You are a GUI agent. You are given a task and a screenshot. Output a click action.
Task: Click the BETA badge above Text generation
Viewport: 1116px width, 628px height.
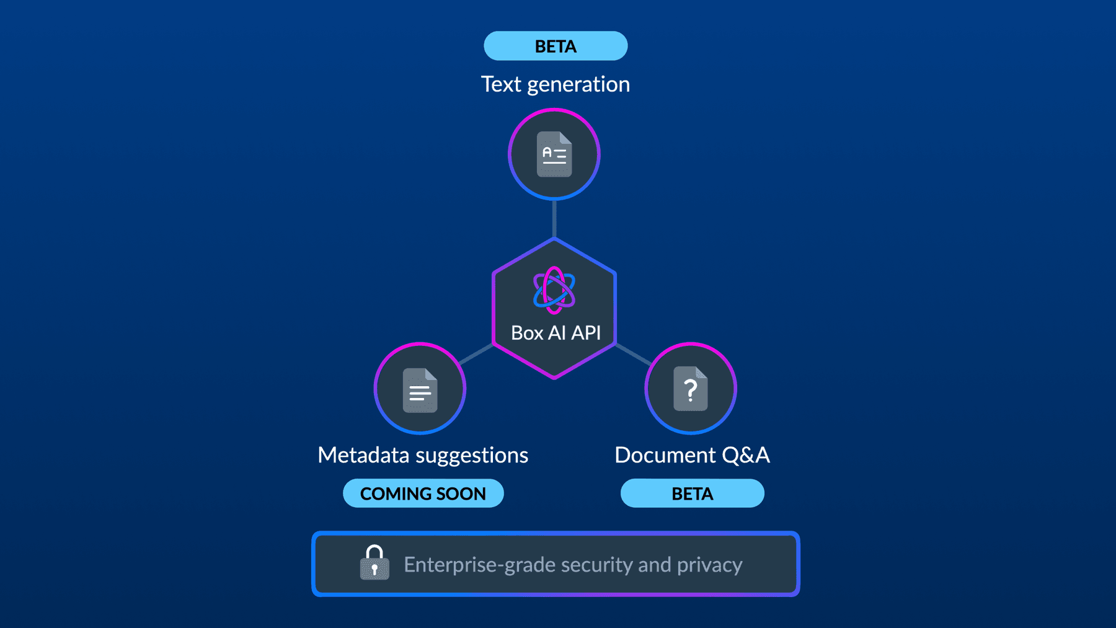pos(556,46)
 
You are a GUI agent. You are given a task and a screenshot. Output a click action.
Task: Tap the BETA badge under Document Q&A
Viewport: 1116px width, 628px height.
pos(692,493)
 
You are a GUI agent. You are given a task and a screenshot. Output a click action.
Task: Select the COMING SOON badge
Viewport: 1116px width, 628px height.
pos(423,493)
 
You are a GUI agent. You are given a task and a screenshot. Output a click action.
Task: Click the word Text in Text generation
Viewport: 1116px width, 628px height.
pos(501,84)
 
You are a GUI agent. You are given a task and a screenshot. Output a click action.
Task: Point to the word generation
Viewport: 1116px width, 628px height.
pos(578,85)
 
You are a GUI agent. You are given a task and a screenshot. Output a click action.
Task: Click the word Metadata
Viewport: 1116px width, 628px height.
pos(363,455)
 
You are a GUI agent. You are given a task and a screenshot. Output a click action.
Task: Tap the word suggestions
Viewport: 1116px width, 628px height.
pos(472,456)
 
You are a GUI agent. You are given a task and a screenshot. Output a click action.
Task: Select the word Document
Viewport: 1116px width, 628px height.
pos(665,455)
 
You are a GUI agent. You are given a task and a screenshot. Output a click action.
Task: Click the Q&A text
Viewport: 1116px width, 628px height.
pos(746,455)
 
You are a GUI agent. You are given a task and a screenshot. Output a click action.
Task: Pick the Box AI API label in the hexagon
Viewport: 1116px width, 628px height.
pos(556,333)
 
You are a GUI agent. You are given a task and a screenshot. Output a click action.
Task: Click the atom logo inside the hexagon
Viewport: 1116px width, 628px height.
pos(554,290)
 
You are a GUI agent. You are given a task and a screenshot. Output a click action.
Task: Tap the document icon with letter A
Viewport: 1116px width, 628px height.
pos(554,154)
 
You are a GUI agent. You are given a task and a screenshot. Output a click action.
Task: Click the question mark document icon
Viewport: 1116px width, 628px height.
pos(691,389)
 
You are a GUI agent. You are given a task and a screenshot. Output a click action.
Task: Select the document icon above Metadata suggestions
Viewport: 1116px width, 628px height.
pos(420,390)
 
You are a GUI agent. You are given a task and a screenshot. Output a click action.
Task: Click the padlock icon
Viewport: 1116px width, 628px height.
pos(374,563)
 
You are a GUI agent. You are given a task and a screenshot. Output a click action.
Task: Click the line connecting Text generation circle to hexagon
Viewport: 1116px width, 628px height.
pos(554,218)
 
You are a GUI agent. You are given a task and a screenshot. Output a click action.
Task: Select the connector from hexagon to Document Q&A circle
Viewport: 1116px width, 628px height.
pos(632,354)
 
